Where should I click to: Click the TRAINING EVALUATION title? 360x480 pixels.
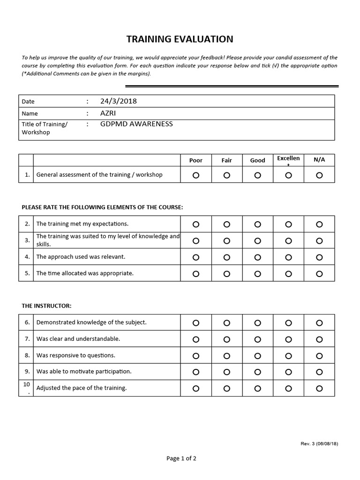pyautogui.click(x=180, y=39)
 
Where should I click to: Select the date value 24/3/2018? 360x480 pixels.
pyautogui.click(x=119, y=101)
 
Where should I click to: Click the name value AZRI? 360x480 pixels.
pyautogui.click(x=108, y=113)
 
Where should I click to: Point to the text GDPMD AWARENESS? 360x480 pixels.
pyautogui.click(x=136, y=124)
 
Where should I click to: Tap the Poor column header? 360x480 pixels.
pyautogui.click(x=195, y=160)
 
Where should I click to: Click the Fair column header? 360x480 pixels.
pyautogui.click(x=226, y=160)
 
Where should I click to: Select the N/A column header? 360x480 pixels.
pyautogui.click(x=319, y=159)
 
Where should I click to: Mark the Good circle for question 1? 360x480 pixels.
pyautogui.click(x=257, y=175)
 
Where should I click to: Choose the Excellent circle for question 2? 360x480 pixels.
pyautogui.click(x=288, y=225)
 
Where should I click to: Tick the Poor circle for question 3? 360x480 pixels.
pyautogui.click(x=195, y=241)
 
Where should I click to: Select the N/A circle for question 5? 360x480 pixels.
pyautogui.click(x=319, y=274)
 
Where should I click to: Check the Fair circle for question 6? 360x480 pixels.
pyautogui.click(x=226, y=323)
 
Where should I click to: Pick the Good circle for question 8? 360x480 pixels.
pyautogui.click(x=257, y=356)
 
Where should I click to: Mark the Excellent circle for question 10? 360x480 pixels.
pyautogui.click(x=288, y=389)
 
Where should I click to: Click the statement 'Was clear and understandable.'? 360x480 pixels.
pyautogui.click(x=78, y=339)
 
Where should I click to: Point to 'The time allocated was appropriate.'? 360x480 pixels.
pyautogui.click(x=85, y=273)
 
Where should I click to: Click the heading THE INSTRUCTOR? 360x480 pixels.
pyautogui.click(x=46, y=306)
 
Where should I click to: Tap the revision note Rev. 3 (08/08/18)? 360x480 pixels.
pyautogui.click(x=319, y=443)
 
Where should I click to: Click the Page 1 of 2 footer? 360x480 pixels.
pyautogui.click(x=181, y=458)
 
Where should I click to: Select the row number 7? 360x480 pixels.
pyautogui.click(x=27, y=339)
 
